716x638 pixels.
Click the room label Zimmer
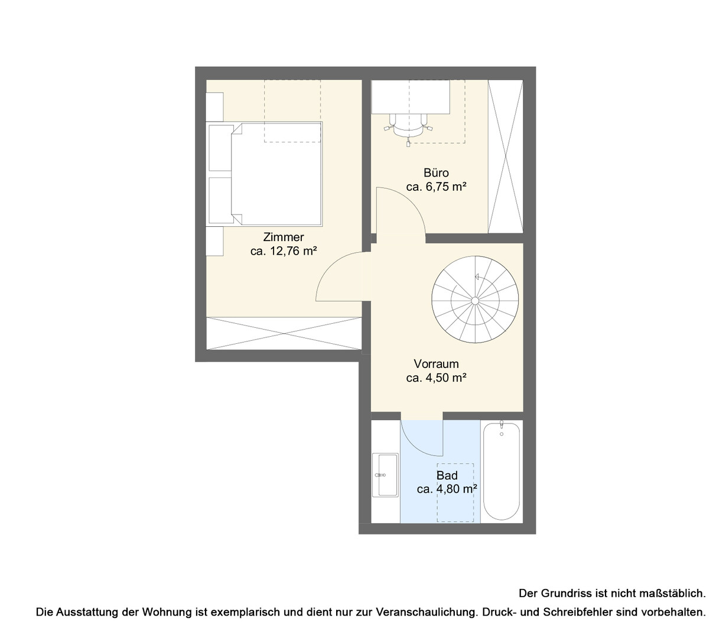[x=284, y=237]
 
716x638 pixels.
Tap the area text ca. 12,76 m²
[x=284, y=251]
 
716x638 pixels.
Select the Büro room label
[x=436, y=173]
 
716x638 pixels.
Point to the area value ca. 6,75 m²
[x=436, y=187]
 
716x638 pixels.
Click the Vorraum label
[x=436, y=364]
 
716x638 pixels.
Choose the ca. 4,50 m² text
[x=436, y=378]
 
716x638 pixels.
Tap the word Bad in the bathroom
[x=447, y=476]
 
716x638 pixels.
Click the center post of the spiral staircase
[x=475, y=301]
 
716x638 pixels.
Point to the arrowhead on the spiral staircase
[x=476, y=276]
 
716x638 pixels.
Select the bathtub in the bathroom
[x=502, y=471]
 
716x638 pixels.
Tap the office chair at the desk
[x=408, y=127]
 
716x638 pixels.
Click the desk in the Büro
[x=411, y=97]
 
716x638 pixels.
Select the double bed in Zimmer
[x=265, y=174]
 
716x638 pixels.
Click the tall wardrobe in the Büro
[x=505, y=157]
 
